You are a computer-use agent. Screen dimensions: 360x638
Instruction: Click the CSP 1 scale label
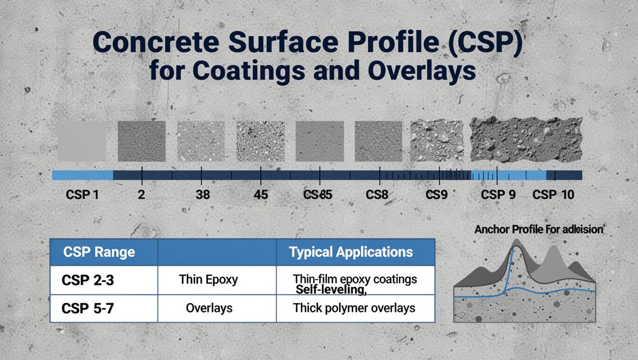82,195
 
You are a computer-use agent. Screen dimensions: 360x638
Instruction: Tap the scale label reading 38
202,195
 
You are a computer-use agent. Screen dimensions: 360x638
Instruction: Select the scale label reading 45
260,195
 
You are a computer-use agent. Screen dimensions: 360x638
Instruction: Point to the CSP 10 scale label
553,195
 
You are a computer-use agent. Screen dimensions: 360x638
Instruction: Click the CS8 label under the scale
377,195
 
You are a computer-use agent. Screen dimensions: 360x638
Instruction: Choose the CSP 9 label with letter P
498,195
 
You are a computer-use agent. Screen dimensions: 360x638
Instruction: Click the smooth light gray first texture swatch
81,141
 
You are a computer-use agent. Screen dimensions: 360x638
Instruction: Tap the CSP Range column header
99,252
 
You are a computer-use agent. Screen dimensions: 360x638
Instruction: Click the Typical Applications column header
351,252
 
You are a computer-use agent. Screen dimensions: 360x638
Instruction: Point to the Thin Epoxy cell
208,280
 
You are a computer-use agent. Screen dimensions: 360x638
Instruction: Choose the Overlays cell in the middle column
209,308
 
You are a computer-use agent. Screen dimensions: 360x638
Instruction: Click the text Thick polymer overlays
354,308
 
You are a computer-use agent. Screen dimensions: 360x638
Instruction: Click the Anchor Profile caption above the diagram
539,230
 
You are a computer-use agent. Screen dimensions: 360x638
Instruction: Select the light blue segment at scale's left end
82,175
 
